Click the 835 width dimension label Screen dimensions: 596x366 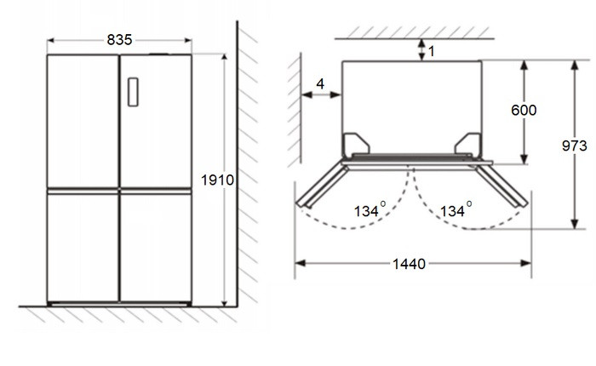click(x=119, y=39)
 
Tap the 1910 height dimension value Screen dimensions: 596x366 click(x=217, y=180)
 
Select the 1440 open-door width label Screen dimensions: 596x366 click(x=409, y=264)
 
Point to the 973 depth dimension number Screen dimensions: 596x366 click(x=575, y=146)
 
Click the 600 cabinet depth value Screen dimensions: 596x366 click(x=524, y=110)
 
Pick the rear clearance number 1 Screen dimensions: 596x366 click(x=431, y=51)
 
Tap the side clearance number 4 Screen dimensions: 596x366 click(x=320, y=83)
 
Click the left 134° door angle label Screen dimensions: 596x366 click(x=370, y=209)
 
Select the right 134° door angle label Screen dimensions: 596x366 click(x=456, y=209)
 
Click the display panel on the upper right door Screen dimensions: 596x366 click(x=133, y=92)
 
